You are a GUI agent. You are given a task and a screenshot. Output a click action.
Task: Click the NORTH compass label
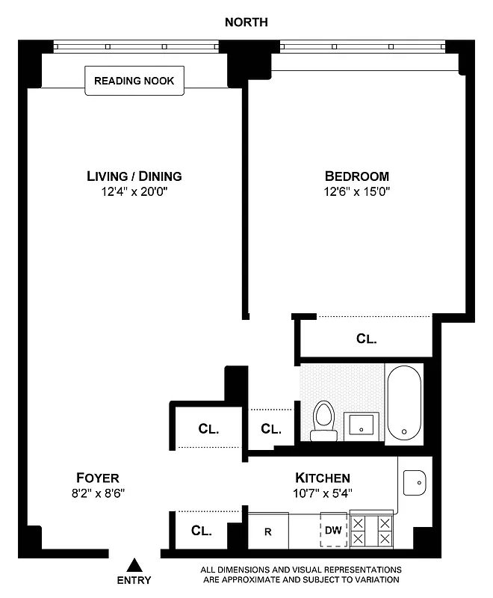tap(246, 22)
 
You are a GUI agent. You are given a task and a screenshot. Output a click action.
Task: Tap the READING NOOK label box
tap(134, 81)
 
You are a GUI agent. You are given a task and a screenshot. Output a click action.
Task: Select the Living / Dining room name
tap(134, 176)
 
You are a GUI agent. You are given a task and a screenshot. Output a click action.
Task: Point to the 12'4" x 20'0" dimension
tap(134, 191)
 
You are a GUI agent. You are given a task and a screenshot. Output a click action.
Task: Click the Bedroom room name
tap(356, 176)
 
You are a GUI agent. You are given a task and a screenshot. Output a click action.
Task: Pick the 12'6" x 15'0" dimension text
tap(356, 191)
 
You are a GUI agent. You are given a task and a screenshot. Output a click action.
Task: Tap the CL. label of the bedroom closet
tap(366, 339)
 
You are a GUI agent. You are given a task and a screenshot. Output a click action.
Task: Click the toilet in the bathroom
tap(323, 420)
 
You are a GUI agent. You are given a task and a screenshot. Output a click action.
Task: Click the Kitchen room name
tap(323, 478)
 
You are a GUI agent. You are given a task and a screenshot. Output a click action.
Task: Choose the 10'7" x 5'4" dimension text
tap(323, 493)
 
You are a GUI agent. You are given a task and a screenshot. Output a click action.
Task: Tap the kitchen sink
tap(413, 482)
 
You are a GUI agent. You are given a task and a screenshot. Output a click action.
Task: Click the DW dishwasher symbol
tap(334, 531)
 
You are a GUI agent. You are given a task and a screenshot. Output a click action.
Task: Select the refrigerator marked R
tap(267, 531)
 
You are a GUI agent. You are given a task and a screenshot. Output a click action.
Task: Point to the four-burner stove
tap(371, 531)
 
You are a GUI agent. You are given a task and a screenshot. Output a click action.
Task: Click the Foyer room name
tap(98, 478)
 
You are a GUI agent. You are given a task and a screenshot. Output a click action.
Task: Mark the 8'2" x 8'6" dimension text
tap(98, 493)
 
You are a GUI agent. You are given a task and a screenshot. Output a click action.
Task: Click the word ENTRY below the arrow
tap(134, 580)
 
